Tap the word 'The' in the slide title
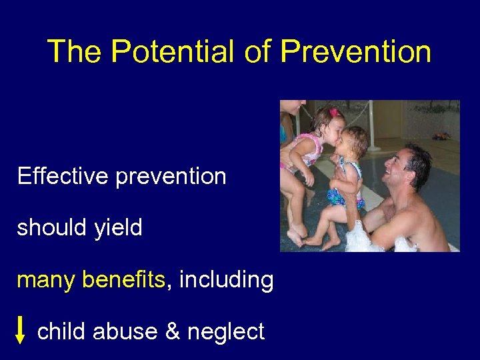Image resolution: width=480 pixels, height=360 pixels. coord(74,51)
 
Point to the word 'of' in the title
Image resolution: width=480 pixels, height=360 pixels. coord(259,51)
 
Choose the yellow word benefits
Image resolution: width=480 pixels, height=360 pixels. coord(123,280)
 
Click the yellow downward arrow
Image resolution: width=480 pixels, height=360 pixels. coord(21,330)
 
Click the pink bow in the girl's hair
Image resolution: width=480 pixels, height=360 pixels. coord(333,113)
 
